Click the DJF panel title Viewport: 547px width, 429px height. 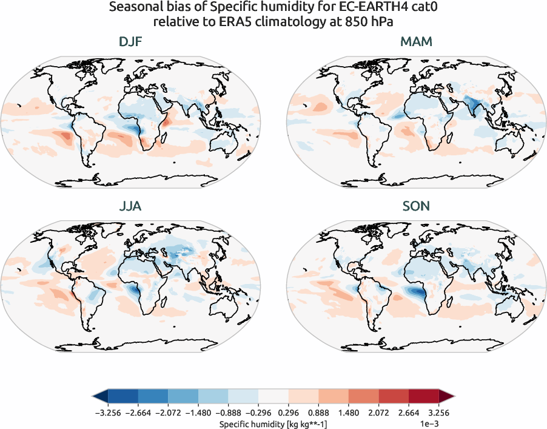tap(131, 42)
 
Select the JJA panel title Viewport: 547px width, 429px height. tap(131, 206)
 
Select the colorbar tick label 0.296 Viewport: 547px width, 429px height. tap(288, 413)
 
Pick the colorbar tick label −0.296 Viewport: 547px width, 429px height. tap(258, 413)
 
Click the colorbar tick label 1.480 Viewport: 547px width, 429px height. tap(348, 413)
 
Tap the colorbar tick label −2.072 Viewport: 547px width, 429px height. tap(168, 413)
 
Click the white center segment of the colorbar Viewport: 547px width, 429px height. tap(273, 397)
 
